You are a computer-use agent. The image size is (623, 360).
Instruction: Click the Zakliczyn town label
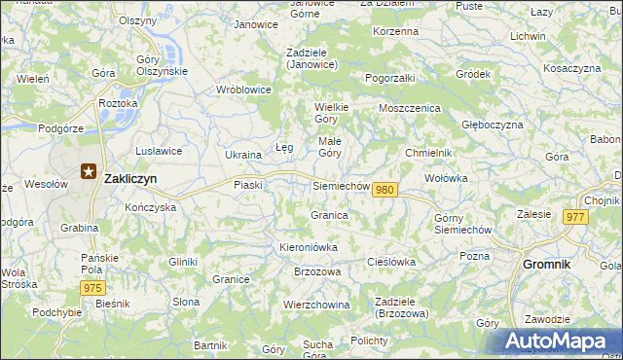(130, 178)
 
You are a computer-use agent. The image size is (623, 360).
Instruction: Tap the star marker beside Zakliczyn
(88, 172)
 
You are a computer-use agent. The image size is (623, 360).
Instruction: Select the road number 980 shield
(385, 189)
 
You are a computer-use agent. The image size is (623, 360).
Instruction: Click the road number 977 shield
(573, 217)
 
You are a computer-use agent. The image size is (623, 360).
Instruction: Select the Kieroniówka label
(309, 247)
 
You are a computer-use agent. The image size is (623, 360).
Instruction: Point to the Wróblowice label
(244, 89)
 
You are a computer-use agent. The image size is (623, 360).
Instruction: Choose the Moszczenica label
(410, 108)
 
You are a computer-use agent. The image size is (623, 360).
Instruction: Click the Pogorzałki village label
(390, 77)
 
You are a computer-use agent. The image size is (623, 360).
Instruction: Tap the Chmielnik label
(428, 153)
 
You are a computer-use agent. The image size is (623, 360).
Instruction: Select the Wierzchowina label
(316, 305)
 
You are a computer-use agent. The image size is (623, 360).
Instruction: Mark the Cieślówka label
(391, 262)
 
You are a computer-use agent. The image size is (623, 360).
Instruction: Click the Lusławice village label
(159, 151)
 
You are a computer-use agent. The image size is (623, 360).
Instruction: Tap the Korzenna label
(395, 31)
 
